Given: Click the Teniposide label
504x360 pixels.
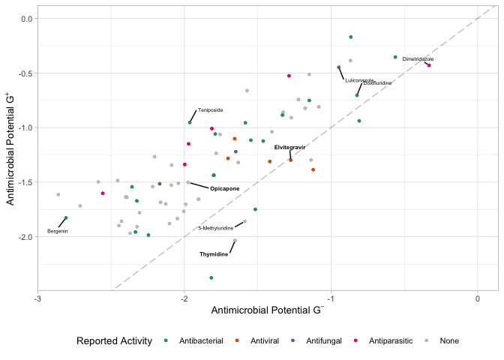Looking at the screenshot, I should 210,110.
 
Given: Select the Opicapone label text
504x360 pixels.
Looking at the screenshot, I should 224,188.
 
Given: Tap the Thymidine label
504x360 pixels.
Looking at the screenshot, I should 214,254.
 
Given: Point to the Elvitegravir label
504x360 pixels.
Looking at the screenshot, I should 289,147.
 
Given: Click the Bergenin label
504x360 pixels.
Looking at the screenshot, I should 58,231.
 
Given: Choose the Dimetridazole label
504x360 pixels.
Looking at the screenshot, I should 418,58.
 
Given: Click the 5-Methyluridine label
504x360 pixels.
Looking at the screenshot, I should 216,228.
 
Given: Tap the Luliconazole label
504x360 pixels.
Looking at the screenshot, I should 359,80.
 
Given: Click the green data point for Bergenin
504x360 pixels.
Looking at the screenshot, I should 66,217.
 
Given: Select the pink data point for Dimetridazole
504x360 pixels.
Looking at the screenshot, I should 429,65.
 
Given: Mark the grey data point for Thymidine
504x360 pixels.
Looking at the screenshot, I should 235,241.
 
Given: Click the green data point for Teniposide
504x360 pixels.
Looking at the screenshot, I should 190,122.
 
